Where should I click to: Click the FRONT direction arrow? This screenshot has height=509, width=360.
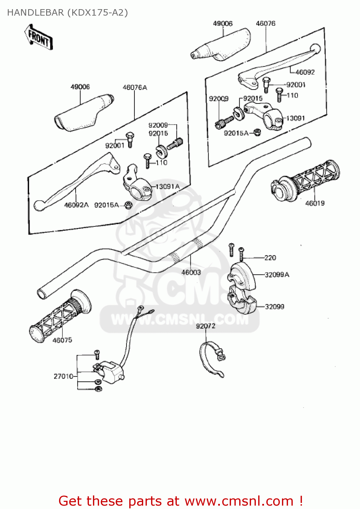[x=38, y=37]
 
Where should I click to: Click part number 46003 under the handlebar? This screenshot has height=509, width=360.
[x=191, y=272]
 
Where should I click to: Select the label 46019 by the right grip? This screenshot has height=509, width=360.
[x=315, y=203]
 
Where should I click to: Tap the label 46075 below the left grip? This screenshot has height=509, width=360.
[x=62, y=340]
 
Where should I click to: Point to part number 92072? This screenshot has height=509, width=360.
[x=206, y=326]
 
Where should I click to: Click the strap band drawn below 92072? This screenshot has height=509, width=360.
[x=210, y=360]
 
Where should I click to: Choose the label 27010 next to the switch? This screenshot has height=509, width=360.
[x=63, y=376]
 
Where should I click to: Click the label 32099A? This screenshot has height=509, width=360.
[x=277, y=275]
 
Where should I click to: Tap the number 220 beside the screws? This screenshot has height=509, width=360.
[x=270, y=258]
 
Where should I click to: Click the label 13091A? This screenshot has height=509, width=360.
[x=167, y=187]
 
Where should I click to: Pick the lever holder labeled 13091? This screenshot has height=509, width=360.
[x=265, y=115]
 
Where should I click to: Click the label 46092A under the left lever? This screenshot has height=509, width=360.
[x=76, y=205]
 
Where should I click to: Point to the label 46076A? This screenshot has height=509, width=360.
[x=135, y=88]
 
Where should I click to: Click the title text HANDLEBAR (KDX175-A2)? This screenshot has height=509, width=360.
[x=68, y=13]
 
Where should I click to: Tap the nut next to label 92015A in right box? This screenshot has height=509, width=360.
[x=257, y=132]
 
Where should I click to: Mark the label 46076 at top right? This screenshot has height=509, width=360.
[x=265, y=23]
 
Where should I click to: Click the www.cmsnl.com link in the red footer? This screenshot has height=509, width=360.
[x=239, y=501]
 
